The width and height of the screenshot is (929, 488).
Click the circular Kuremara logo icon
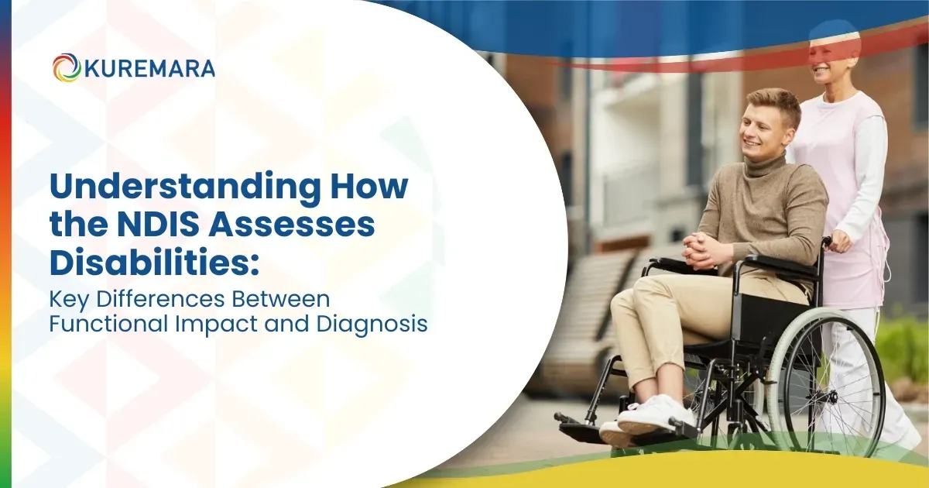(x=67, y=67)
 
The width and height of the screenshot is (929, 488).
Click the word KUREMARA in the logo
(x=147, y=68)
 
